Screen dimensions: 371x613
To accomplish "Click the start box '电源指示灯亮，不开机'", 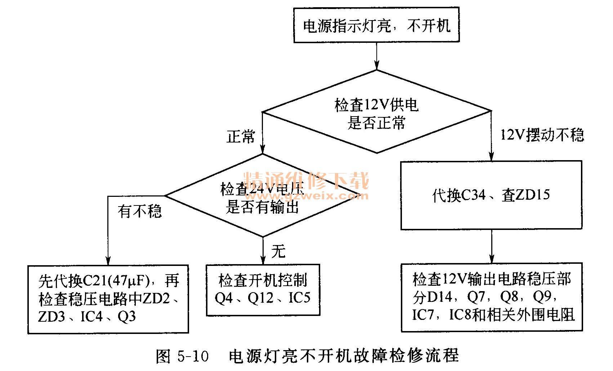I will (x=376, y=25).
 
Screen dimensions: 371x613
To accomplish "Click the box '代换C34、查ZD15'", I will (x=491, y=195).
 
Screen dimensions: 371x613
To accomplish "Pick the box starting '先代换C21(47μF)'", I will (x=108, y=299).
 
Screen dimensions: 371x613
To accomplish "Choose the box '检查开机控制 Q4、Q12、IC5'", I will (x=263, y=290).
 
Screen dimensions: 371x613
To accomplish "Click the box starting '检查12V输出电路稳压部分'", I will (x=492, y=297).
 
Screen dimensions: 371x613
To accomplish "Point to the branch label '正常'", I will (x=241, y=137).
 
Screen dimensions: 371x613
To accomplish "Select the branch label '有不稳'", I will (x=140, y=211).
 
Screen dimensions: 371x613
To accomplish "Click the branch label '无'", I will (x=278, y=251).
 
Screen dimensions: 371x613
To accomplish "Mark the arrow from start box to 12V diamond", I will (x=376, y=56).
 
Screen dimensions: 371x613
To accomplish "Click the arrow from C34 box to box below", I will (x=491, y=247).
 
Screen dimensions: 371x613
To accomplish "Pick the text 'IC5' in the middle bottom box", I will (x=299, y=298).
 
